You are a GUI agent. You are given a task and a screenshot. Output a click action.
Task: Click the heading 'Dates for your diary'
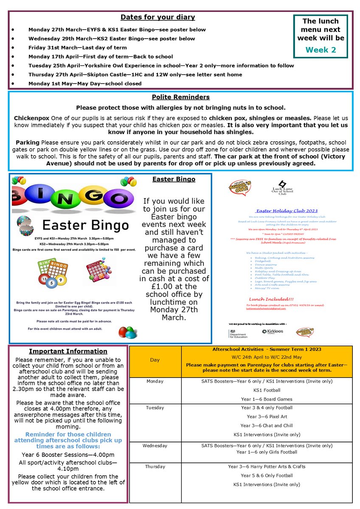click(x=157, y=17)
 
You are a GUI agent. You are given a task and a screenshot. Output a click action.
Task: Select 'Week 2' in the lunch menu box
click(x=321, y=50)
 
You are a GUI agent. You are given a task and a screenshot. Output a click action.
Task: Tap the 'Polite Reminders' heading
click(x=180, y=97)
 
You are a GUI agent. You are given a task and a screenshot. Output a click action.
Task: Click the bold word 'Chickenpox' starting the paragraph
click(x=31, y=117)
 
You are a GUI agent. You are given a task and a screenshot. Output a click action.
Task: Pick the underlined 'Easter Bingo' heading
click(x=174, y=179)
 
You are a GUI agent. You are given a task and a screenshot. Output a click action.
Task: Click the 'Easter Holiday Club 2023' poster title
click(x=287, y=211)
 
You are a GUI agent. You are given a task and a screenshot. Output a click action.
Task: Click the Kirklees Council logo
click(x=273, y=331)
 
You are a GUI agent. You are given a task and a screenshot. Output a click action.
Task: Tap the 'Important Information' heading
click(x=68, y=351)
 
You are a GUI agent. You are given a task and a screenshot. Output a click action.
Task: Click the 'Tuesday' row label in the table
click(x=155, y=408)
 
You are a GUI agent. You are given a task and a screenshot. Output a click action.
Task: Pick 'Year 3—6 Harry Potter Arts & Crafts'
click(x=267, y=467)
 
